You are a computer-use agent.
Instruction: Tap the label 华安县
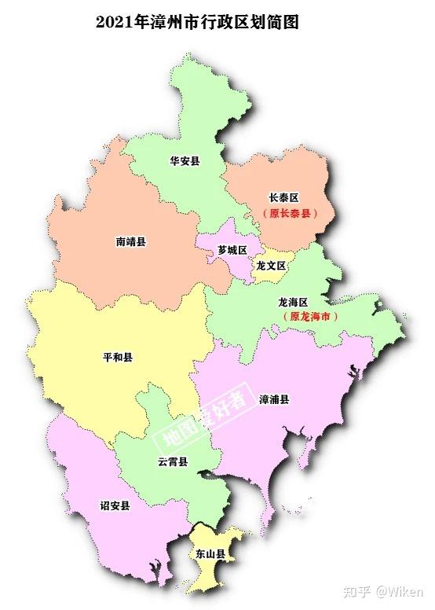(x=185, y=161)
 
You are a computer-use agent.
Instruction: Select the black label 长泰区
(x=284, y=198)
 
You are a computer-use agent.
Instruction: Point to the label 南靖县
(x=130, y=242)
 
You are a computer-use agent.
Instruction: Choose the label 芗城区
(x=232, y=250)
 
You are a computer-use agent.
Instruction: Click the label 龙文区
(x=271, y=266)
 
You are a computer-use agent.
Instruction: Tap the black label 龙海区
(x=293, y=302)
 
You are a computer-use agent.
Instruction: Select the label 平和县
(x=118, y=357)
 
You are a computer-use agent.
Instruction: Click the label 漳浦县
(x=274, y=399)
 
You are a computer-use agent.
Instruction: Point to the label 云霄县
(x=172, y=461)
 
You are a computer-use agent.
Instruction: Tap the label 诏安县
(x=115, y=505)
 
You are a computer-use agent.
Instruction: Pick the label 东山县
(x=210, y=554)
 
